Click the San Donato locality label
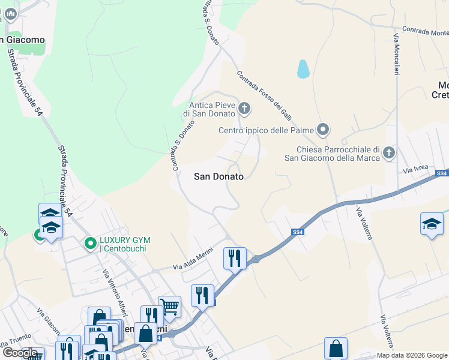[x=219, y=176]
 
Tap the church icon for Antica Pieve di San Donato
[x=244, y=109]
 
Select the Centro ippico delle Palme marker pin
[x=324, y=130]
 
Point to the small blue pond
[x=303, y=69]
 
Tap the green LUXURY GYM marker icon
[x=90, y=244]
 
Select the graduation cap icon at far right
[x=432, y=224]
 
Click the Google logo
[x=20, y=353]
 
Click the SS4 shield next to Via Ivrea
[x=442, y=173]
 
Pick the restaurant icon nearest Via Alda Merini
[x=235, y=258]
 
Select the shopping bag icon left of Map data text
[x=336, y=349]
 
